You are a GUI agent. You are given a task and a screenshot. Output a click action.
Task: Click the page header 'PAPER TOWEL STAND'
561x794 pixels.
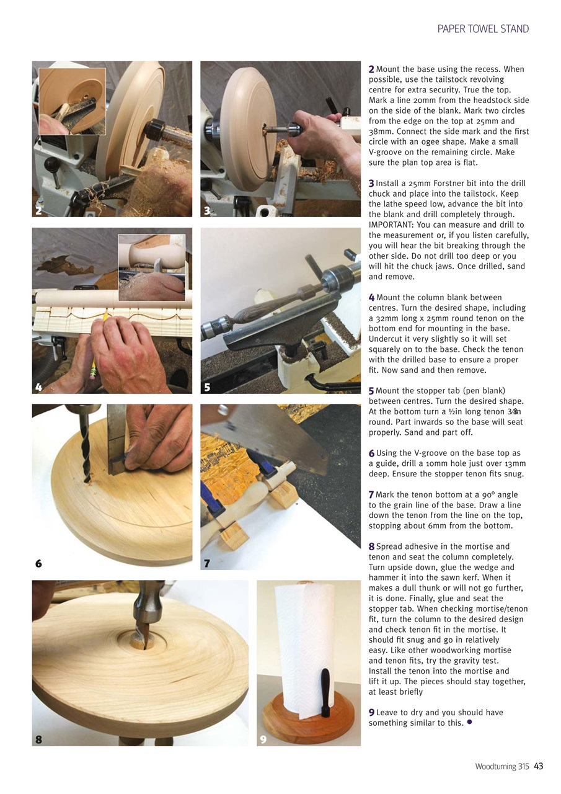click(x=483, y=29)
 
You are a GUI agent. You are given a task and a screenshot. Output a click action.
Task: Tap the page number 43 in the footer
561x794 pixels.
click(x=538, y=766)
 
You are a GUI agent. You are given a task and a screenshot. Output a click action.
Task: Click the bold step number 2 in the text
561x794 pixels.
click(x=371, y=69)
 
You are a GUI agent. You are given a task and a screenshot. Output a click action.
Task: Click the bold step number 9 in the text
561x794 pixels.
click(x=371, y=712)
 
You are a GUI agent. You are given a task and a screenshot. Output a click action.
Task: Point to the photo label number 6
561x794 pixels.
click(x=38, y=563)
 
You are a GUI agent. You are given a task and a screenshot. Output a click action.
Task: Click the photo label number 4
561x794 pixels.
click(x=38, y=387)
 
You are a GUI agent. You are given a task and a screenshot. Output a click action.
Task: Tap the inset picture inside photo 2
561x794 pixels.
click(x=72, y=101)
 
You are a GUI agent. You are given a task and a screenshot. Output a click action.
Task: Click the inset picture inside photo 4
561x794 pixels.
click(x=151, y=267)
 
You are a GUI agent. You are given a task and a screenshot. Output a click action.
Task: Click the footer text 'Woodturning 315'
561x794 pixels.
click(x=501, y=766)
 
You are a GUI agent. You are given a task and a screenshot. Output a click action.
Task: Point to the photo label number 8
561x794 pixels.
click(x=38, y=739)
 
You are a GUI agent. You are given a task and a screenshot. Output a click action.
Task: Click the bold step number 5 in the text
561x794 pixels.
click(x=371, y=391)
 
